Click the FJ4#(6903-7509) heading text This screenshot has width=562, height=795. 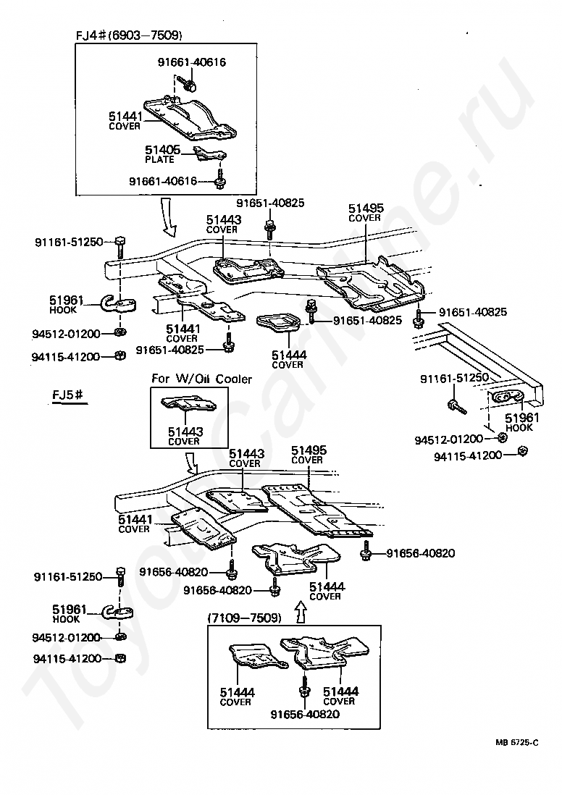tap(129, 35)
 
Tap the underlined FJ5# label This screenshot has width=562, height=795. tap(67, 394)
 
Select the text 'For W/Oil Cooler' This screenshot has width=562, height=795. tap(201, 379)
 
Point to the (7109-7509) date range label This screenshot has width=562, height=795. tap(244, 618)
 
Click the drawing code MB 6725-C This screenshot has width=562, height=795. tap(517, 742)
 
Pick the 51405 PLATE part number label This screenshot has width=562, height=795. tap(162, 154)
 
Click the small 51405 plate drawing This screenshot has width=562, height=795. tap(210, 153)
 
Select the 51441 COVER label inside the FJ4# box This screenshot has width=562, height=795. tap(125, 121)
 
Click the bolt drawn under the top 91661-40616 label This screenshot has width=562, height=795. tap(190, 84)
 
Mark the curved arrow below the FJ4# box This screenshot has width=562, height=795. tap(168, 216)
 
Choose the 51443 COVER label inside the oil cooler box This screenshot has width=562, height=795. tap(185, 436)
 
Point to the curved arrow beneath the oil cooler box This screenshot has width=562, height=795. tap(193, 463)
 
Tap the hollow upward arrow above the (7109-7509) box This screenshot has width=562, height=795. tap(301, 612)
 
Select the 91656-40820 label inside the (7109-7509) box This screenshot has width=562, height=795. tap(305, 715)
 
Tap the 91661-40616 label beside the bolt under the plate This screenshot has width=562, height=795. tap(163, 181)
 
